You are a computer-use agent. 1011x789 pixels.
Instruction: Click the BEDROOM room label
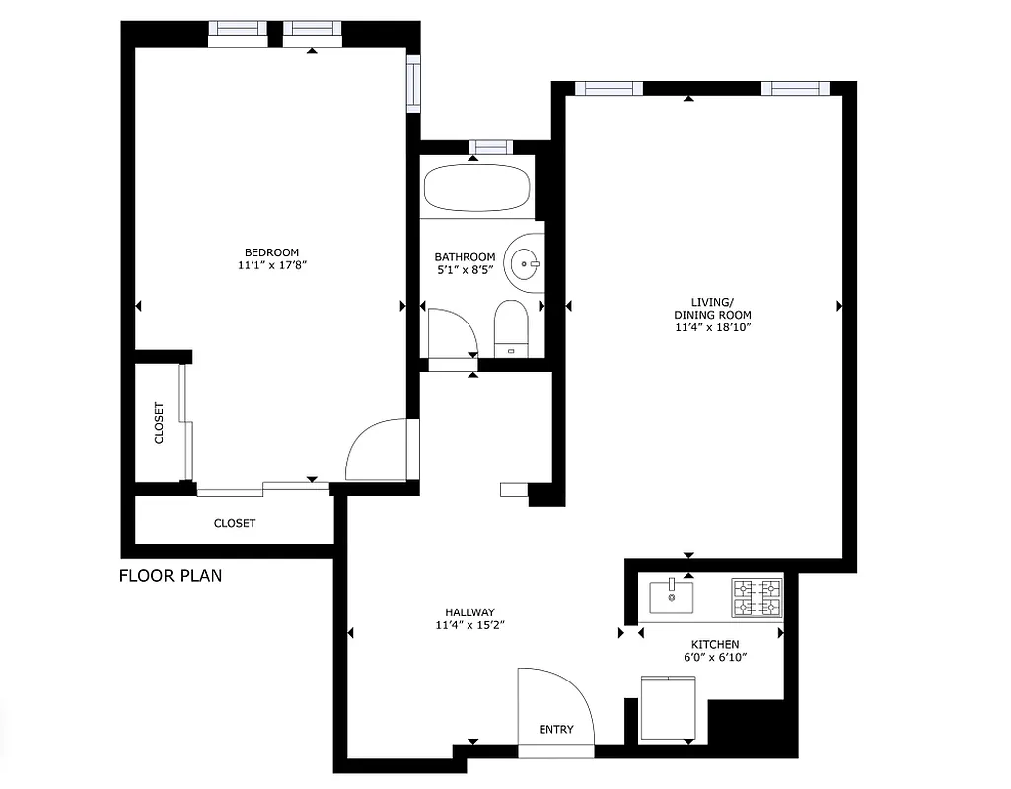coord(271,251)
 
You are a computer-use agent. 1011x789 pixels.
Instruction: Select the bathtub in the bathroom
coord(477,187)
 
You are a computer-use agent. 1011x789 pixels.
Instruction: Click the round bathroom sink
coord(525,263)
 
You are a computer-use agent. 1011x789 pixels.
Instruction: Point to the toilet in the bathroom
coord(511,326)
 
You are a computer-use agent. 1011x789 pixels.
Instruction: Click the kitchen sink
coord(671,597)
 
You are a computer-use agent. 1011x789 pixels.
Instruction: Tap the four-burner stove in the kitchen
coord(756,598)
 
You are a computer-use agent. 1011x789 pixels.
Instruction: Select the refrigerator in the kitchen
coord(668,707)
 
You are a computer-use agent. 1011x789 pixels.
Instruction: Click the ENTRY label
coord(556,730)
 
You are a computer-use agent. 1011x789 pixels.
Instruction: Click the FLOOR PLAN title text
coord(171,576)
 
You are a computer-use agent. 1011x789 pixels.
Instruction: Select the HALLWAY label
coord(469,611)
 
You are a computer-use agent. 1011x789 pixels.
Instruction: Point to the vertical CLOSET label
coord(159,423)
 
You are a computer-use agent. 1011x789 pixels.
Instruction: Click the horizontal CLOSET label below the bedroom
coord(235,523)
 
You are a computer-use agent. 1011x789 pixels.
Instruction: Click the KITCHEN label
coord(715,644)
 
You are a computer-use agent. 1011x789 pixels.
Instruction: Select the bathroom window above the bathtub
coord(491,147)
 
